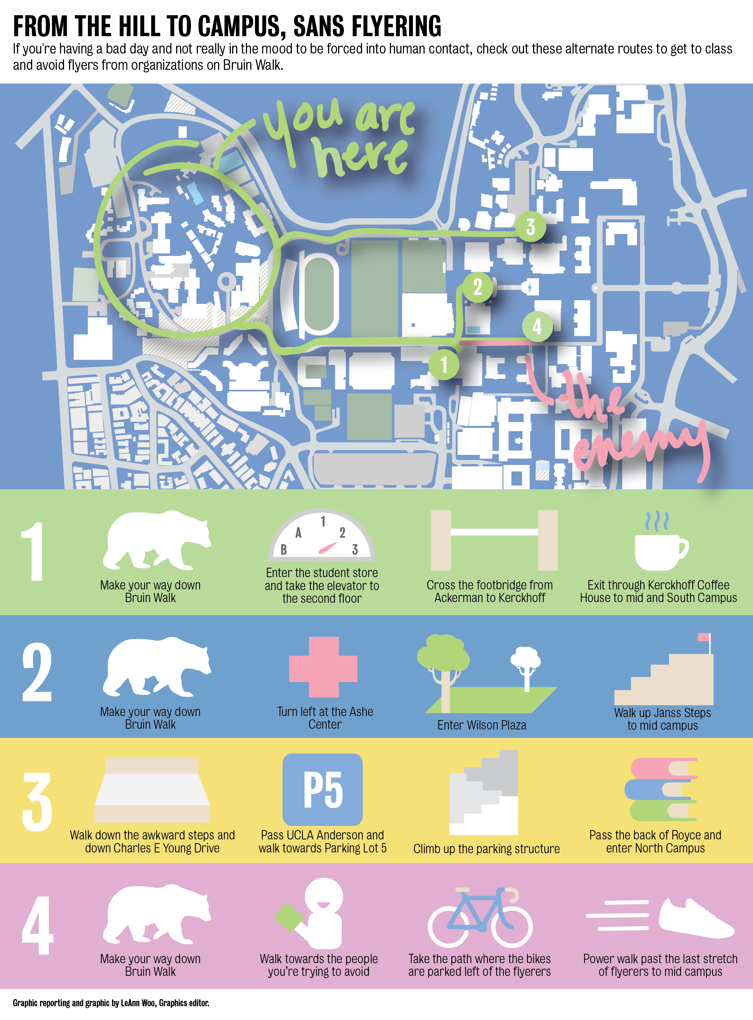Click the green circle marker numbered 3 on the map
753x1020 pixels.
531,227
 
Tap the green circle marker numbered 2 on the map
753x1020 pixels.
477,287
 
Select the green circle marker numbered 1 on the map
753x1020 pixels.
443,364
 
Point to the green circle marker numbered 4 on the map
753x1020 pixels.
537,326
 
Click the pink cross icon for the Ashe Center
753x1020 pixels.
323,668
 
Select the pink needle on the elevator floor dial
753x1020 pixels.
328,547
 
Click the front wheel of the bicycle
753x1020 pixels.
512,925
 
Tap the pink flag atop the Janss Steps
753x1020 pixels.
704,637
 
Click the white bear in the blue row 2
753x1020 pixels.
156,667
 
